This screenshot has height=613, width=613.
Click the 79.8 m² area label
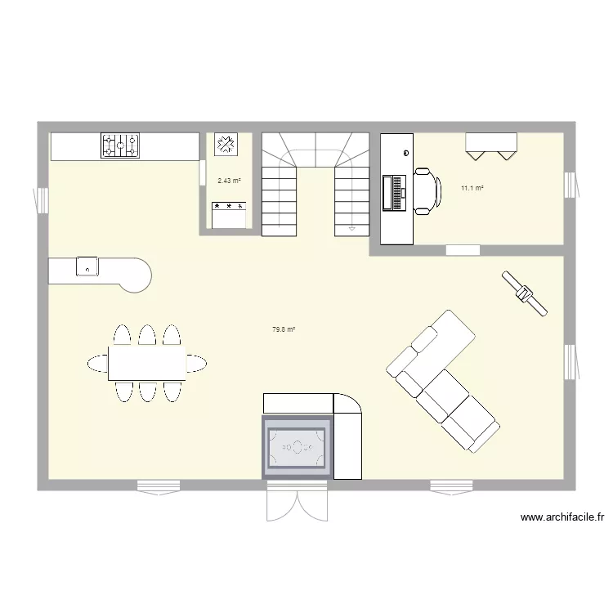pos(283,330)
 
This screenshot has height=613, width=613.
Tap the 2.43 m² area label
pos(229,181)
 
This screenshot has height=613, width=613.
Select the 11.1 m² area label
pos(472,189)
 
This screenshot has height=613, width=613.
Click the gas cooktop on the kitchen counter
pos(120,145)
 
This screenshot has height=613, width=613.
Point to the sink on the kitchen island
pos(87,266)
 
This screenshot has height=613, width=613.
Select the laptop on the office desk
pos(394,193)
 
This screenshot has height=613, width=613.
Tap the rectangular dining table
pos(146,363)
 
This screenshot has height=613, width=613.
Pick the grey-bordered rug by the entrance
pos(297,447)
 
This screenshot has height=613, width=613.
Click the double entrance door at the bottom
pos(297,499)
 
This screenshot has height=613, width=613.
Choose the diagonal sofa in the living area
pos(442,380)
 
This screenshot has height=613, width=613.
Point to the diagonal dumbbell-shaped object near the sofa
pos(524,293)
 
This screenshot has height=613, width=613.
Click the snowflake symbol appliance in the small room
pos(225,145)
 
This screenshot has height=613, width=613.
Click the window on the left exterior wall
pos(41,199)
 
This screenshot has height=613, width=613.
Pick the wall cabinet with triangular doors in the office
pos(491,143)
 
